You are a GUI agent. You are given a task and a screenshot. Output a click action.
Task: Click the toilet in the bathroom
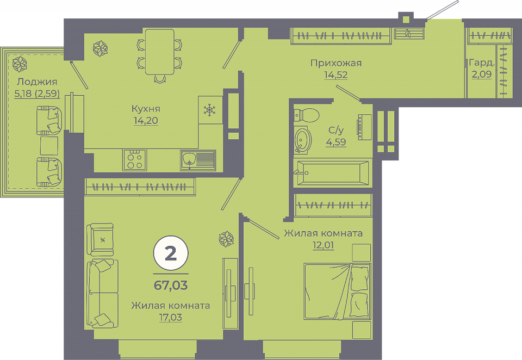(x=306, y=115)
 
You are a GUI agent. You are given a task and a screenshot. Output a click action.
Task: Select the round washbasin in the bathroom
(x=303, y=140)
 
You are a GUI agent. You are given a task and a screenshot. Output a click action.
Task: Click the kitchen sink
(x=198, y=160)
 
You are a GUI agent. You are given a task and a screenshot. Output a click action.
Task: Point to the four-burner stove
(x=134, y=160)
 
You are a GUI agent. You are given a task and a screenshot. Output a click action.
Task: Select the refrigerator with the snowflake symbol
(x=210, y=110)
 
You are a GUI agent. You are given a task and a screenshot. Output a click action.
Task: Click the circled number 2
(x=171, y=253)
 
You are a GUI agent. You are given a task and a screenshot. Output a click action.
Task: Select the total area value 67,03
(x=171, y=285)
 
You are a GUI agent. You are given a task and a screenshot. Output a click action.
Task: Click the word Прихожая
(x=336, y=63)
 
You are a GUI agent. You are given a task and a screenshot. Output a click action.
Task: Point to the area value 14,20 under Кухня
(x=146, y=120)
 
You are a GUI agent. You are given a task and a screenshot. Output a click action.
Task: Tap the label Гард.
(x=481, y=63)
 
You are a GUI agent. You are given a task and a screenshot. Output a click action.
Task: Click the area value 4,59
(x=336, y=142)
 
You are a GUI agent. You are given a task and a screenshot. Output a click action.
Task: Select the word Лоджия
(x=37, y=82)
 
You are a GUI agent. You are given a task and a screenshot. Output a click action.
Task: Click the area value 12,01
(x=323, y=245)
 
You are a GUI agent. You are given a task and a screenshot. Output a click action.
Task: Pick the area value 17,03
(x=170, y=318)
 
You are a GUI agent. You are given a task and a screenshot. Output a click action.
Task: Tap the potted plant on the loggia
(x=20, y=64)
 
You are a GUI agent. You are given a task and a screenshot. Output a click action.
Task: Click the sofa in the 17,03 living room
(x=103, y=293)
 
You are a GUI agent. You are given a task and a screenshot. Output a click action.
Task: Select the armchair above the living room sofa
(x=100, y=239)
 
